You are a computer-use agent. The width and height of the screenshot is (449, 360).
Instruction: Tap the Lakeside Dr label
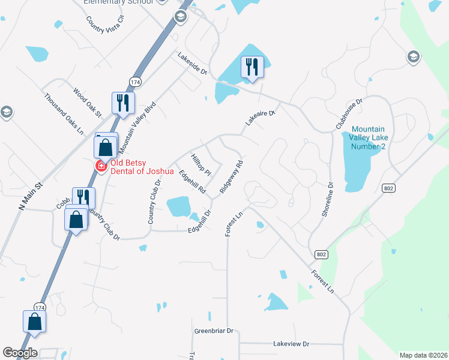(x=192, y=63)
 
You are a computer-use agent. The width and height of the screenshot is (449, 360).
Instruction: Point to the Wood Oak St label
(x=88, y=103)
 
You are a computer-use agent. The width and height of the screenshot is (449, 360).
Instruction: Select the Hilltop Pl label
(x=201, y=165)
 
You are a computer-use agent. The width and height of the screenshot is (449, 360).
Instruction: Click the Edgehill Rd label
(x=192, y=182)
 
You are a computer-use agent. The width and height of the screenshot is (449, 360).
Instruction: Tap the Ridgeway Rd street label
(x=231, y=176)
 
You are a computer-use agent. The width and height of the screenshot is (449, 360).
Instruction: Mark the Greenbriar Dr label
(x=214, y=331)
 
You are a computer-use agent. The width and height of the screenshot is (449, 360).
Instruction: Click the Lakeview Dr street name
(x=291, y=344)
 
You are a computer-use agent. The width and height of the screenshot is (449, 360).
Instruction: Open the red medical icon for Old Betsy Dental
(x=101, y=166)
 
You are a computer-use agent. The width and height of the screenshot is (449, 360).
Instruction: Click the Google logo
(x=20, y=353)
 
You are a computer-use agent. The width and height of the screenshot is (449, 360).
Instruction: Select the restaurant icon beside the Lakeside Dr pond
(x=252, y=67)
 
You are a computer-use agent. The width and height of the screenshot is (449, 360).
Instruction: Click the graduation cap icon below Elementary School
(x=180, y=17)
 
